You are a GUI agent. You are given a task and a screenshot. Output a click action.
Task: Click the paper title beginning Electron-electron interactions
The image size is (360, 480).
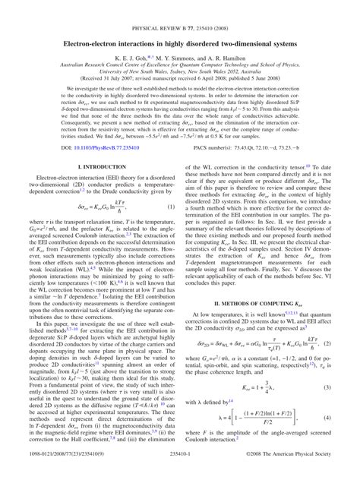click(x=180, y=25)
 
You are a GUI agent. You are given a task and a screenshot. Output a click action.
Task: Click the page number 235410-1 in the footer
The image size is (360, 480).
click(x=180, y=472)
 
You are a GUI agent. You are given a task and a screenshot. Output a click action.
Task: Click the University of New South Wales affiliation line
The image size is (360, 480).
click(x=180, y=58)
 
